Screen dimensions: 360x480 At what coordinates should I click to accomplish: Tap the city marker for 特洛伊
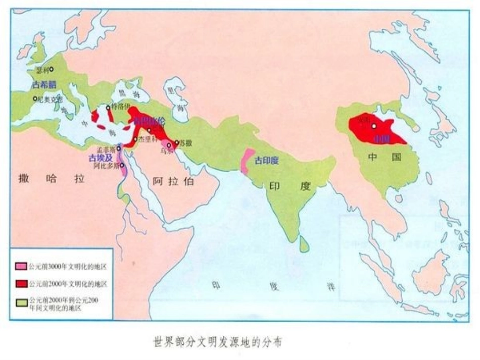108,108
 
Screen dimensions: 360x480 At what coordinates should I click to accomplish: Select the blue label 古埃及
100,158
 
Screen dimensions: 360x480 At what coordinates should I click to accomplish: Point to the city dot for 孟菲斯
119,148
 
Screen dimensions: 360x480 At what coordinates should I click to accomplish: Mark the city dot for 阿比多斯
122,165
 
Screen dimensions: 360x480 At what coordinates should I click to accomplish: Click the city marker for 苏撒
176,143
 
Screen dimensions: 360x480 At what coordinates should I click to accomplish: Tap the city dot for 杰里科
135,139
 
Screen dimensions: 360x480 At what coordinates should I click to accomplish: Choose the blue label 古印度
266,161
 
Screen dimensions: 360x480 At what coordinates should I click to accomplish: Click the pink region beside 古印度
247,161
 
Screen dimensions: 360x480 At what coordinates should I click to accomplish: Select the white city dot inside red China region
374,126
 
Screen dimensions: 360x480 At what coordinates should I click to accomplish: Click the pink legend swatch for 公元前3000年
21,266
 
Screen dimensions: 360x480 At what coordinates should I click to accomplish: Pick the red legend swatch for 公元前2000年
21,284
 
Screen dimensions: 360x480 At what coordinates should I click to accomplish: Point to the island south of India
304,244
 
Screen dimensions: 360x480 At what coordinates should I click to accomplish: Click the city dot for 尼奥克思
35,99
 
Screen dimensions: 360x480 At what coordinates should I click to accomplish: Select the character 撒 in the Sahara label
24,178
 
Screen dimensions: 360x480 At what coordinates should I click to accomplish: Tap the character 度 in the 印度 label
305,186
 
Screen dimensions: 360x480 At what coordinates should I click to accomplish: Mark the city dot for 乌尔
169,145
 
